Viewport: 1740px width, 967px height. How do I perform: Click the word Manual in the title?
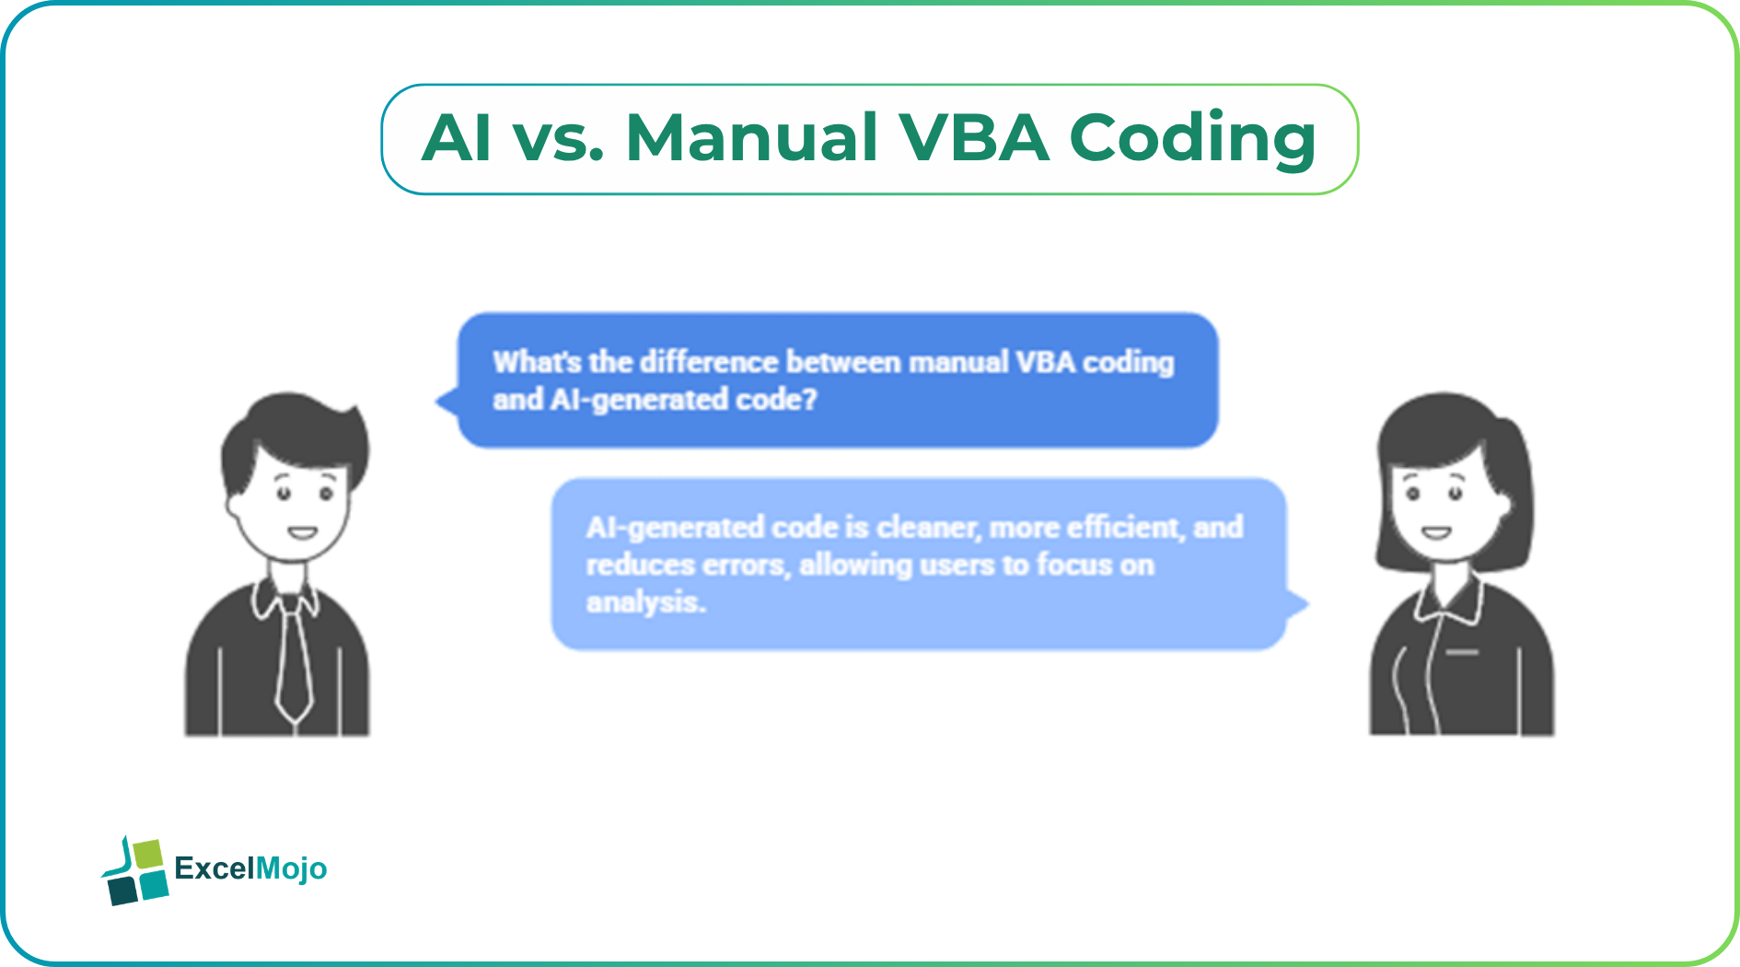click(x=750, y=138)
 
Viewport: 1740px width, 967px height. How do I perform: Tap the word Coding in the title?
click(x=1192, y=140)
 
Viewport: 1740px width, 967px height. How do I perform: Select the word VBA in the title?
click(x=973, y=138)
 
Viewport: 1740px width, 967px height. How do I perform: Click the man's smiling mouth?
click(x=302, y=532)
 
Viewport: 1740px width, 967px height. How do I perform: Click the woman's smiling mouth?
click(x=1435, y=532)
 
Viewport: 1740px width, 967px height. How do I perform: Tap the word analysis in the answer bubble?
click(x=645, y=602)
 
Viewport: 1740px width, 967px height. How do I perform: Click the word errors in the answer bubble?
click(x=746, y=565)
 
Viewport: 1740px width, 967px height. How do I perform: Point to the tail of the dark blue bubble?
click(x=447, y=402)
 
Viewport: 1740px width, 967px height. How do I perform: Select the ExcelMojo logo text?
click(x=250, y=868)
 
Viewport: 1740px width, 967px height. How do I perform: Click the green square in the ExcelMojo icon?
click(x=148, y=853)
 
